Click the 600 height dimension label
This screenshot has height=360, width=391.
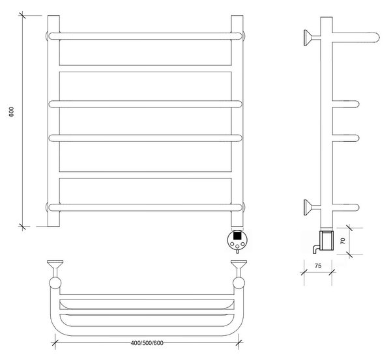[x=12, y=112]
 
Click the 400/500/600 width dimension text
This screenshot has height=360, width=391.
[x=147, y=343]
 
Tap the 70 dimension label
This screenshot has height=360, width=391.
[x=343, y=241]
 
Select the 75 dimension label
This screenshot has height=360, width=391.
[x=318, y=266]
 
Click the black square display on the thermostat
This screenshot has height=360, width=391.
[x=237, y=235]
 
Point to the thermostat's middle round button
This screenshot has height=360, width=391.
[x=237, y=246]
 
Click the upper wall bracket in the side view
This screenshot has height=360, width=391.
[x=311, y=38]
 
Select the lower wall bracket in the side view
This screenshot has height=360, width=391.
[x=311, y=207]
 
